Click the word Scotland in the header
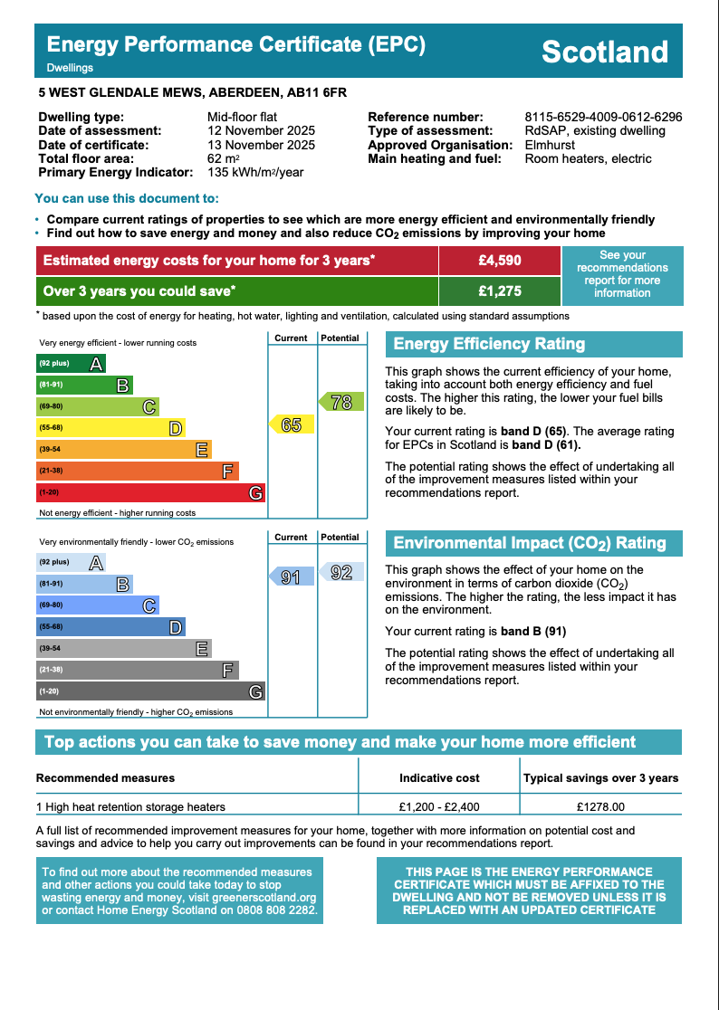(x=604, y=52)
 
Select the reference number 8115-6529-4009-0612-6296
(x=603, y=117)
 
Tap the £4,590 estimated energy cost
(x=500, y=261)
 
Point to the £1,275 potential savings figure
(x=500, y=291)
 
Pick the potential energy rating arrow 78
(x=340, y=403)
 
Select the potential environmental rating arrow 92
(x=341, y=572)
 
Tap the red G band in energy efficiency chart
(x=150, y=493)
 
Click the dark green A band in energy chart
(x=71, y=364)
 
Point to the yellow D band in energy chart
(x=110, y=428)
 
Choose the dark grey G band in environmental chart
(x=150, y=691)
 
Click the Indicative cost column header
(x=439, y=777)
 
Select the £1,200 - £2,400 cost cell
(x=439, y=806)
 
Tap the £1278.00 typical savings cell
(x=601, y=806)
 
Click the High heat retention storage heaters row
(x=130, y=806)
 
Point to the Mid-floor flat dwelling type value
(x=242, y=117)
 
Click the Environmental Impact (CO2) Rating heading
(x=530, y=543)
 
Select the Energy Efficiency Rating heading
(x=489, y=344)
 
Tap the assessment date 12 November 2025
(x=261, y=130)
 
